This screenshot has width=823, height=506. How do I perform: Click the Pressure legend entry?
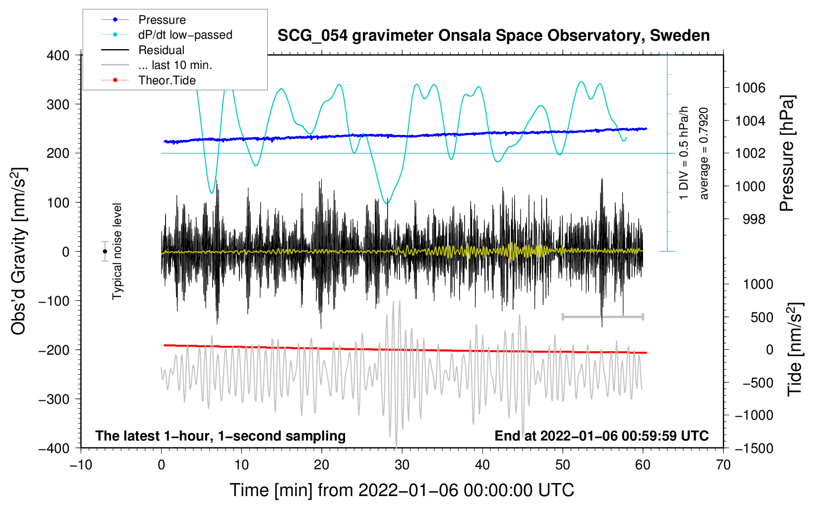click(162, 20)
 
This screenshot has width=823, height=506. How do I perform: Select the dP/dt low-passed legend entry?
click(185, 35)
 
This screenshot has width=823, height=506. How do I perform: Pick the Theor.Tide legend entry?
click(167, 80)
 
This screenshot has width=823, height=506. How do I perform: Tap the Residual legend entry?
click(161, 50)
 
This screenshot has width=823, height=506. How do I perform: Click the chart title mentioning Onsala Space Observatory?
click(493, 36)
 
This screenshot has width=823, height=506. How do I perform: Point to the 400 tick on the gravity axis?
click(58, 56)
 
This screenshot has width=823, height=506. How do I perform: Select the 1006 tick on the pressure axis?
click(750, 88)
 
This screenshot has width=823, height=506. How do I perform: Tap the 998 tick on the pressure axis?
click(754, 219)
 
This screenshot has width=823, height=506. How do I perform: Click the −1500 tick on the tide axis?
click(754, 448)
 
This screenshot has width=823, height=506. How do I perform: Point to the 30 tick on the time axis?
click(402, 465)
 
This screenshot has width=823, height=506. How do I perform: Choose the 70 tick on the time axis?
click(723, 465)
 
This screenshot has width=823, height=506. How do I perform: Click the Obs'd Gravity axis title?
click(18, 251)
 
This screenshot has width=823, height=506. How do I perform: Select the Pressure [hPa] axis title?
click(787, 154)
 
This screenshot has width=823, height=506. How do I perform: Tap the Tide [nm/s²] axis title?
click(795, 349)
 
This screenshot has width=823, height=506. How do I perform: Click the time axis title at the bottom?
click(402, 491)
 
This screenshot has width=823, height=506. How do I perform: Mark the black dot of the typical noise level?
click(105, 252)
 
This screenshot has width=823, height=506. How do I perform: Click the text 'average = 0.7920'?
click(704, 154)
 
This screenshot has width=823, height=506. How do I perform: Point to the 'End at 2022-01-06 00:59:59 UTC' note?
click(601, 436)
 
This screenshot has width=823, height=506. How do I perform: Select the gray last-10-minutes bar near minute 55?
click(602, 316)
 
